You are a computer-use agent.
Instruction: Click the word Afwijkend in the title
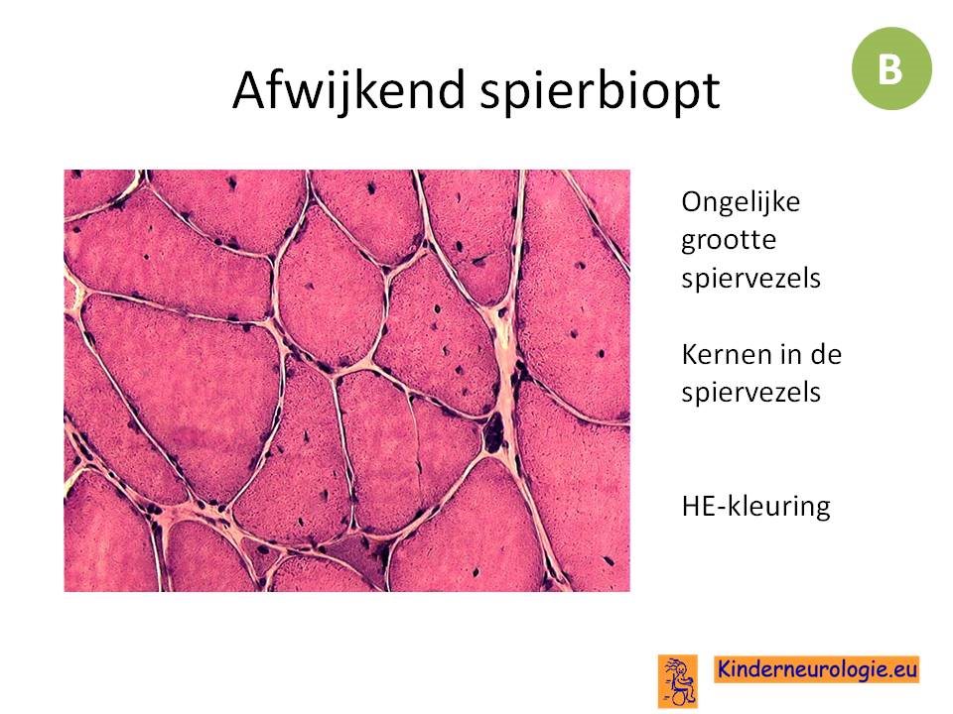click(x=348, y=91)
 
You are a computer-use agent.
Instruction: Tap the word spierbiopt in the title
click(x=600, y=91)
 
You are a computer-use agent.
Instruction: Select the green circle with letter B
click(x=891, y=68)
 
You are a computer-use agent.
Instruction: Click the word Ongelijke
click(x=741, y=203)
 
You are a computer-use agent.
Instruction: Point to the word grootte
click(x=728, y=240)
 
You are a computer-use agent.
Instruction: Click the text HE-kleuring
click(x=756, y=506)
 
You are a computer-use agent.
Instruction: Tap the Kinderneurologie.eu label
click(x=817, y=669)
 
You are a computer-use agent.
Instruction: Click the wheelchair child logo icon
click(x=678, y=680)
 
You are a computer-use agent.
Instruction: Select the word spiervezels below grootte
click(x=751, y=279)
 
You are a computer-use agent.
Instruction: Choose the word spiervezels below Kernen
click(x=751, y=393)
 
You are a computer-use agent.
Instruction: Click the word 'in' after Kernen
click(x=781, y=354)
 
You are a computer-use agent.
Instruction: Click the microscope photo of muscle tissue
click(x=347, y=381)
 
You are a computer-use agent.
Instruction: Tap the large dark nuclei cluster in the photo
click(x=493, y=431)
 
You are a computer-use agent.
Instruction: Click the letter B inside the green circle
click(x=889, y=68)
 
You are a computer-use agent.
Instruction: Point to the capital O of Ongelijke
click(x=692, y=202)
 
